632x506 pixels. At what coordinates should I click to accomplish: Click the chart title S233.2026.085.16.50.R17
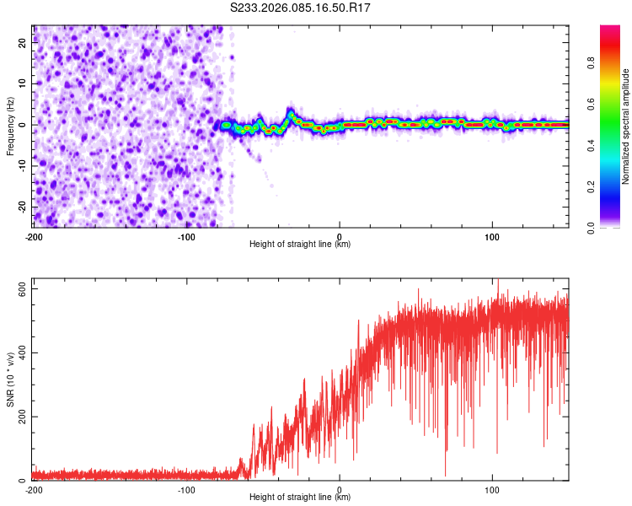301,8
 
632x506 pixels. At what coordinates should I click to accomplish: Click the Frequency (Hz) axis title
10,126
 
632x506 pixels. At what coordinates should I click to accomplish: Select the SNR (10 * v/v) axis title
10,379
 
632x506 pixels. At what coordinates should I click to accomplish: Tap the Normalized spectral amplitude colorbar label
626,126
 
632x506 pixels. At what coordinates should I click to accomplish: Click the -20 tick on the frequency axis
22,207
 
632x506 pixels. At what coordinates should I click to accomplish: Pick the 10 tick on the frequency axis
24,83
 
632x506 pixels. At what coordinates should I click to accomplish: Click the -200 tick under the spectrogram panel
34,235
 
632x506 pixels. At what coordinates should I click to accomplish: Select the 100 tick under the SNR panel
492,489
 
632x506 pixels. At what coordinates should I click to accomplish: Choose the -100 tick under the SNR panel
186,489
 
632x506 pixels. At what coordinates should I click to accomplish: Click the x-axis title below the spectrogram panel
300,245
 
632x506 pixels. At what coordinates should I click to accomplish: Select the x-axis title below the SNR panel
300,498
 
